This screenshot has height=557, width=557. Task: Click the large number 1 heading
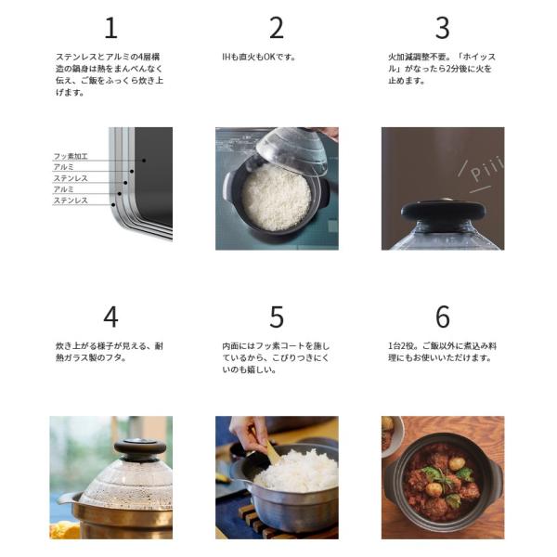pyautogui.click(x=110, y=28)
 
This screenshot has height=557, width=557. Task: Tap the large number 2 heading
pyautogui.click(x=277, y=28)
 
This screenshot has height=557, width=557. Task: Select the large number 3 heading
pyautogui.click(x=443, y=28)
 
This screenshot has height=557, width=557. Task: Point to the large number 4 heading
pyautogui.click(x=110, y=317)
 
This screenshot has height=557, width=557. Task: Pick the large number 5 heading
pyautogui.click(x=277, y=317)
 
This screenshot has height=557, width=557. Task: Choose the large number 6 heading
pyautogui.click(x=443, y=317)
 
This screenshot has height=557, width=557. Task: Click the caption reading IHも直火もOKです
pyautogui.click(x=259, y=57)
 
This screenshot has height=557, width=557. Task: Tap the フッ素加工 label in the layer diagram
pyautogui.click(x=71, y=156)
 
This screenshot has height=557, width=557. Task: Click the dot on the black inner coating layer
pyautogui.click(x=144, y=161)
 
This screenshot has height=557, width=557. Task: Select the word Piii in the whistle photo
pyautogui.click(x=486, y=169)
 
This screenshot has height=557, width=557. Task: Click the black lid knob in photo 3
pyautogui.click(x=443, y=212)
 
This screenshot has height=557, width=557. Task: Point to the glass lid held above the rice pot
pyautogui.click(x=292, y=150)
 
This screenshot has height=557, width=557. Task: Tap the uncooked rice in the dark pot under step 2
pyautogui.click(x=277, y=198)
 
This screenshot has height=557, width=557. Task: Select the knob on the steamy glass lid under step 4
pyautogui.click(x=140, y=449)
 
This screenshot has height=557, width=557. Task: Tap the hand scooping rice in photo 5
pyautogui.click(x=249, y=433)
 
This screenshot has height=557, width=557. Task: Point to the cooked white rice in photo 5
pyautogui.click(x=298, y=471)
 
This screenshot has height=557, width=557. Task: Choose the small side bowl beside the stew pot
pyautogui.click(x=392, y=436)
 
